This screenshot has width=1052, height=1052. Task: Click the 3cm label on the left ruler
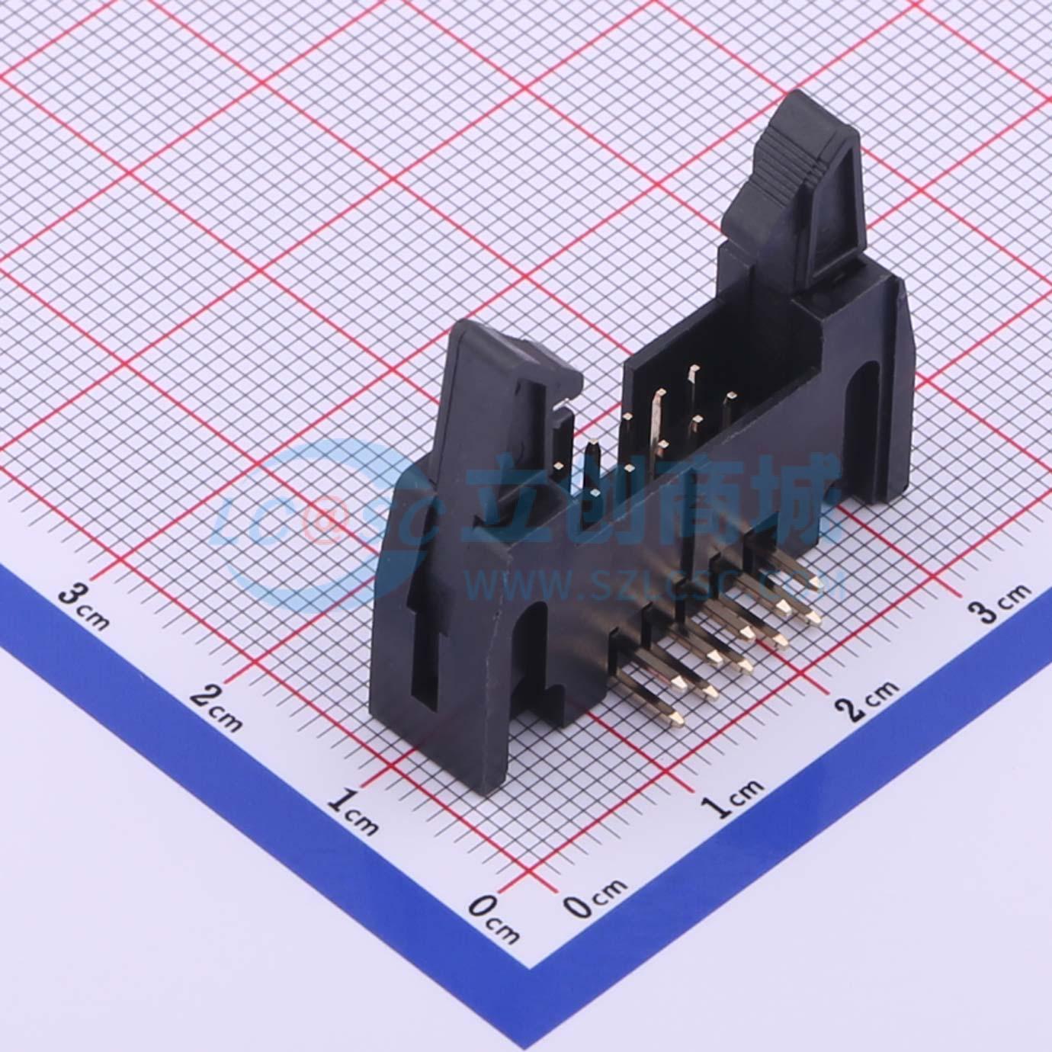84,607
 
